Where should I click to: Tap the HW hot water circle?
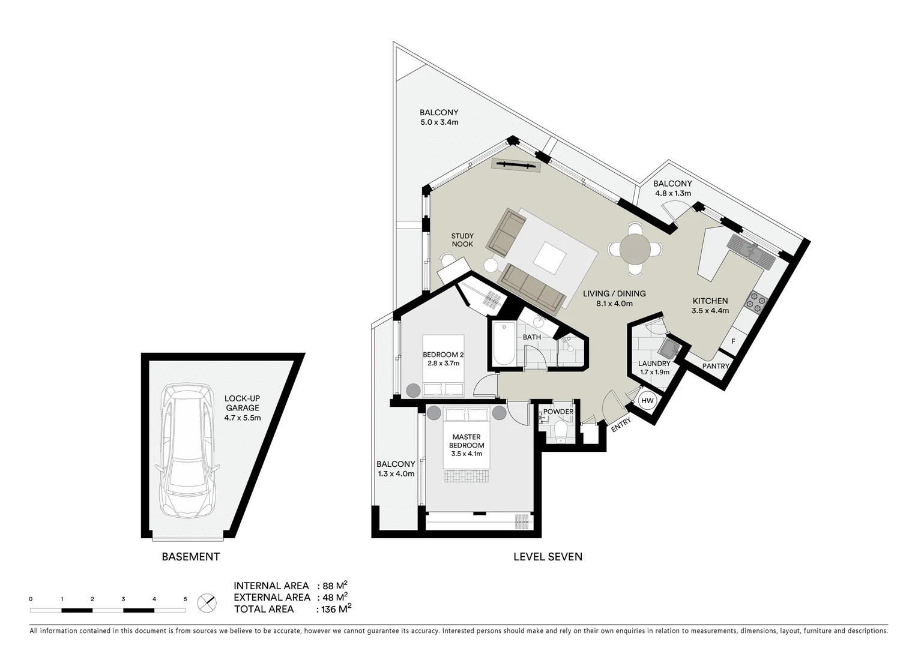[647, 401]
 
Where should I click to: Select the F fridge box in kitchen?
[732, 341]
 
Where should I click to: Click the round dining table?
[635, 248]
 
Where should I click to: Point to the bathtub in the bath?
[503, 344]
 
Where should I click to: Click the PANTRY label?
[715, 366]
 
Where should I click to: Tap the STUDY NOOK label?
[462, 240]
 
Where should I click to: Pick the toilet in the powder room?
[561, 431]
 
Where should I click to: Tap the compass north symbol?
[207, 602]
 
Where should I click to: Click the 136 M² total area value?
[334, 609]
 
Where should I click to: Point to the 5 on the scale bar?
[185, 599]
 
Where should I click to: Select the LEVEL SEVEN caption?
[548, 557]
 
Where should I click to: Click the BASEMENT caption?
[190, 557]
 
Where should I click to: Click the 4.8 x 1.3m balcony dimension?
[672, 193]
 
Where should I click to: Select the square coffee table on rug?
[550, 257]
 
